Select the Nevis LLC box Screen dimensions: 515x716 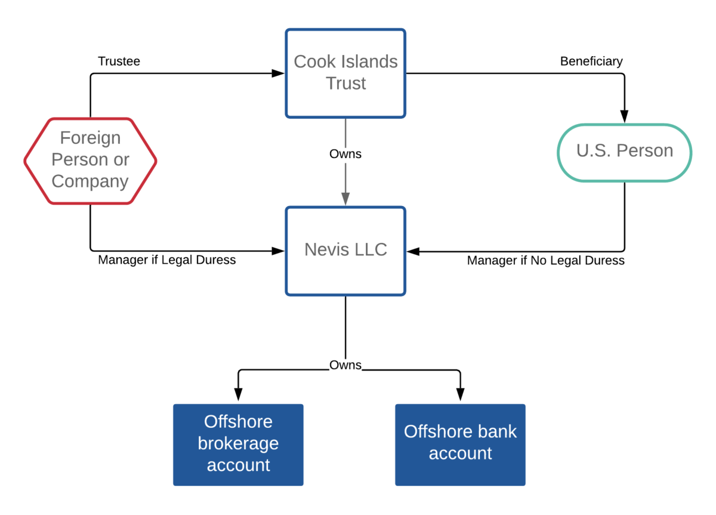[x=345, y=251]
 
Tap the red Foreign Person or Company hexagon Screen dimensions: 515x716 [x=90, y=160]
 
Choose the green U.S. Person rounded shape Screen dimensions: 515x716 [x=624, y=152]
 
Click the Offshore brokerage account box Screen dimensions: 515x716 [x=238, y=444]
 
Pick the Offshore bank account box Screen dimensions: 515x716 [x=460, y=443]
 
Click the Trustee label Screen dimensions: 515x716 [x=119, y=61]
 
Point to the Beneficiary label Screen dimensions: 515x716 [x=591, y=61]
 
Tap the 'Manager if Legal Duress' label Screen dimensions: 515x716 [x=166, y=260]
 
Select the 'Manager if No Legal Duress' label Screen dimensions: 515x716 [x=545, y=261]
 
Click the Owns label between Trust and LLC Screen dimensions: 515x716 [x=345, y=154]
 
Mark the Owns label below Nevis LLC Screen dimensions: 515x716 [x=345, y=365]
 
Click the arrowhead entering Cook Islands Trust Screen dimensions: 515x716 [x=278, y=73]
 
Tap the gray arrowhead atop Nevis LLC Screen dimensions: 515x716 [x=345, y=199]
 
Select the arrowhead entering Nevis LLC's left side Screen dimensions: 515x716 [x=278, y=251]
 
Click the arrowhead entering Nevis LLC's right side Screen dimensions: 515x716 [x=413, y=251]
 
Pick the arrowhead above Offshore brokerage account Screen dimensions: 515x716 [x=238, y=394]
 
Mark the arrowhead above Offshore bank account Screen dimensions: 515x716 [x=460, y=394]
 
